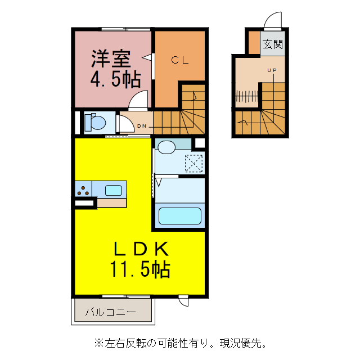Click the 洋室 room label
point(111,58)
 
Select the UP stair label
point(272,70)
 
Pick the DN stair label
point(142,126)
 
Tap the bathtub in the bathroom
point(180,216)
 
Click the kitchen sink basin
point(114,190)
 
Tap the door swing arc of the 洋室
point(138,101)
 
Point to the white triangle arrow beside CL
point(147,57)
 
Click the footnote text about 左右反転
point(180,342)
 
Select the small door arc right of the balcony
point(183,301)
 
